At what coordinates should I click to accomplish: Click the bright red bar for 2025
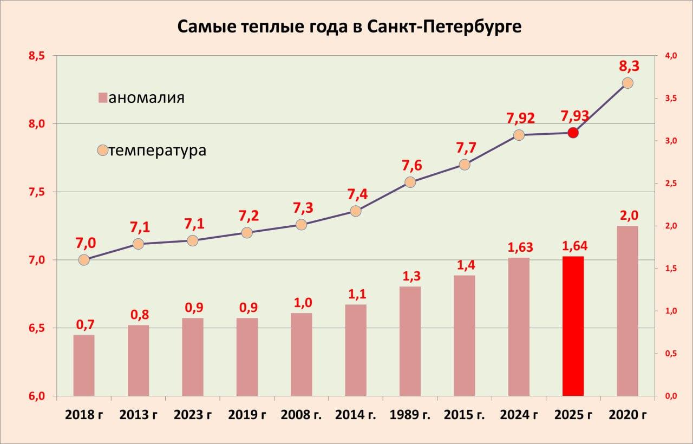point(573,326)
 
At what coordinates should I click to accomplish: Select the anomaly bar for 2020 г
point(627,311)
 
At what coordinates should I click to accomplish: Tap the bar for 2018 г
point(84,365)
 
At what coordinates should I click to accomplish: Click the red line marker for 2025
point(573,133)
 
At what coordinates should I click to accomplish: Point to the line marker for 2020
point(627,83)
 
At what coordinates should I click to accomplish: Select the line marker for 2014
point(356,211)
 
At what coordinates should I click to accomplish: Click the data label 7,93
point(575,116)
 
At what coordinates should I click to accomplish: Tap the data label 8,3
point(629,67)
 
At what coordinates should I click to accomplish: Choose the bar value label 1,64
point(574,246)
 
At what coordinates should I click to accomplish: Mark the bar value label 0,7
point(85,325)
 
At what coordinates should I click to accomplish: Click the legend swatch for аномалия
point(103,98)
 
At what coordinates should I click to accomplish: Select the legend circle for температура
point(102,150)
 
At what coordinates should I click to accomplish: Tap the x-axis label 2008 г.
point(302,415)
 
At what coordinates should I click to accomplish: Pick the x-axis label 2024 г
point(519,415)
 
